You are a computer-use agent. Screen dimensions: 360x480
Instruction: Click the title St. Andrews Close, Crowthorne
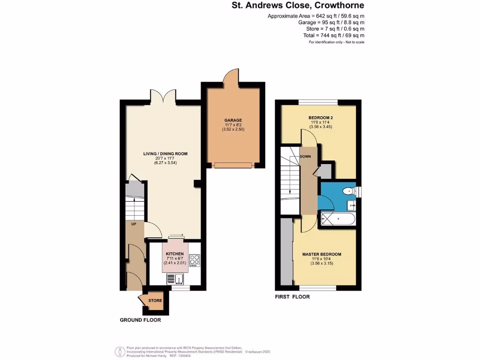coord(298,6)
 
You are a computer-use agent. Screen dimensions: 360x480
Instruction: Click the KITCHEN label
coord(175,253)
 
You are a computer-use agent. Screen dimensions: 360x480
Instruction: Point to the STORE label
coord(155,300)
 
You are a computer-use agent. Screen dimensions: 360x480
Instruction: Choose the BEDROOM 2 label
coord(321,117)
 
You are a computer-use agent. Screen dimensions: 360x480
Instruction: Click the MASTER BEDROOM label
coord(321,255)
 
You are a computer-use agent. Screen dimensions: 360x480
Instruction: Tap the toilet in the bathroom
coord(348,191)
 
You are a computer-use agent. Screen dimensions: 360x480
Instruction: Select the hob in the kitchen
coord(195,260)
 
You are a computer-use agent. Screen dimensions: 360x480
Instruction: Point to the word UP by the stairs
coord(134,225)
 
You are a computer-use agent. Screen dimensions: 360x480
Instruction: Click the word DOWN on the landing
coord(306,157)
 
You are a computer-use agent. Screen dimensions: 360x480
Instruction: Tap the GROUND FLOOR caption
coord(141,320)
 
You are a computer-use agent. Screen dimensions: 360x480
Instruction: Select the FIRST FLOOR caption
coord(292,297)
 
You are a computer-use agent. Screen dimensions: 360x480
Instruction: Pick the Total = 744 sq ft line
coord(334,36)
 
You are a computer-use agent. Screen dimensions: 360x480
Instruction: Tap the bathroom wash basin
coord(351,205)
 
